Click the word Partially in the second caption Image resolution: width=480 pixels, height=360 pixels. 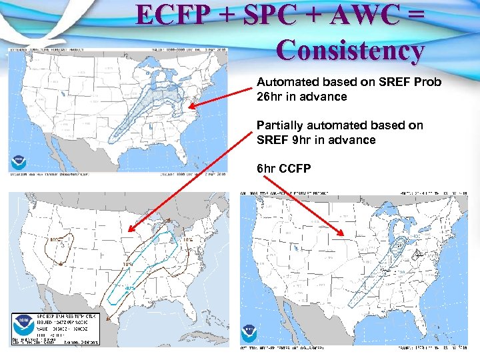279,125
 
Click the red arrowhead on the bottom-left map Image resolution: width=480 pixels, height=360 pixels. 129,231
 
